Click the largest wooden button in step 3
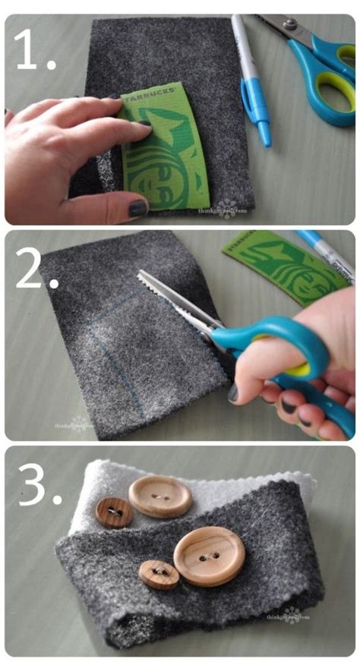coord(209,556)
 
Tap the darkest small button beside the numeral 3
coord(114,512)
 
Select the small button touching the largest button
coord(159,574)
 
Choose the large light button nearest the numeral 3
coord(159,496)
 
